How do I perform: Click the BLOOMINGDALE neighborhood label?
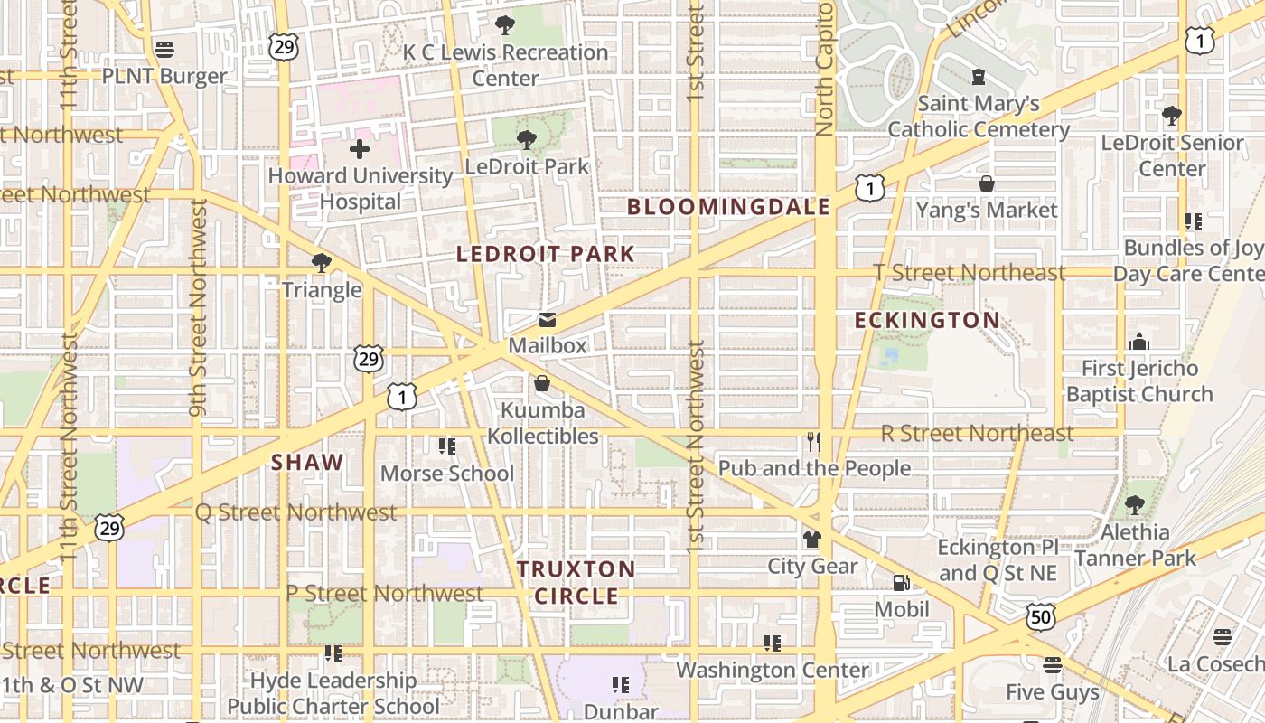(x=728, y=207)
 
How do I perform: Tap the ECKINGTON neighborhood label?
(x=927, y=321)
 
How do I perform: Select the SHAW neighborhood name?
(x=307, y=463)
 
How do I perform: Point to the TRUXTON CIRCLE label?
(x=576, y=582)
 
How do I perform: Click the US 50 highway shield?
(x=1040, y=616)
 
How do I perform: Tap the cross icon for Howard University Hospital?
(x=360, y=149)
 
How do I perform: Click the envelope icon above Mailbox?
(x=548, y=320)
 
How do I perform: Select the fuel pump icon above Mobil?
(x=901, y=583)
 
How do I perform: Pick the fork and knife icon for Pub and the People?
(x=814, y=442)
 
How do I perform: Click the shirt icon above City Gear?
(x=812, y=540)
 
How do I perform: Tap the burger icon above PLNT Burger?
(x=164, y=49)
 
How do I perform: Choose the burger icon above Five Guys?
(x=1052, y=666)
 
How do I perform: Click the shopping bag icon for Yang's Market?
(x=987, y=183)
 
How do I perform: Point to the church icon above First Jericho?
(x=1139, y=342)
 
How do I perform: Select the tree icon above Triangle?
(x=321, y=263)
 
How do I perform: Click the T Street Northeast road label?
(x=970, y=272)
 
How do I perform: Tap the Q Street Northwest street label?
(x=296, y=512)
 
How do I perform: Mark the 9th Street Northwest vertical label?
(x=200, y=307)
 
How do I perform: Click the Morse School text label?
(x=446, y=474)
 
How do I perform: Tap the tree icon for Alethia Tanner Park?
(x=1134, y=505)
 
